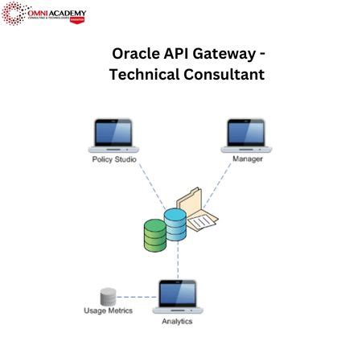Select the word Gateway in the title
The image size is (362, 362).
[234, 55]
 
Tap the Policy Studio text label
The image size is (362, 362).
[113, 159]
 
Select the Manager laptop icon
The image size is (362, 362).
[247, 134]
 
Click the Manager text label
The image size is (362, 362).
[248, 158]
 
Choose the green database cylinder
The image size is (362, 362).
[154, 234]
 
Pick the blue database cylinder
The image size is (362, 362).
[175, 227]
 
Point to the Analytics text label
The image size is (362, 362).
[178, 321]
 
